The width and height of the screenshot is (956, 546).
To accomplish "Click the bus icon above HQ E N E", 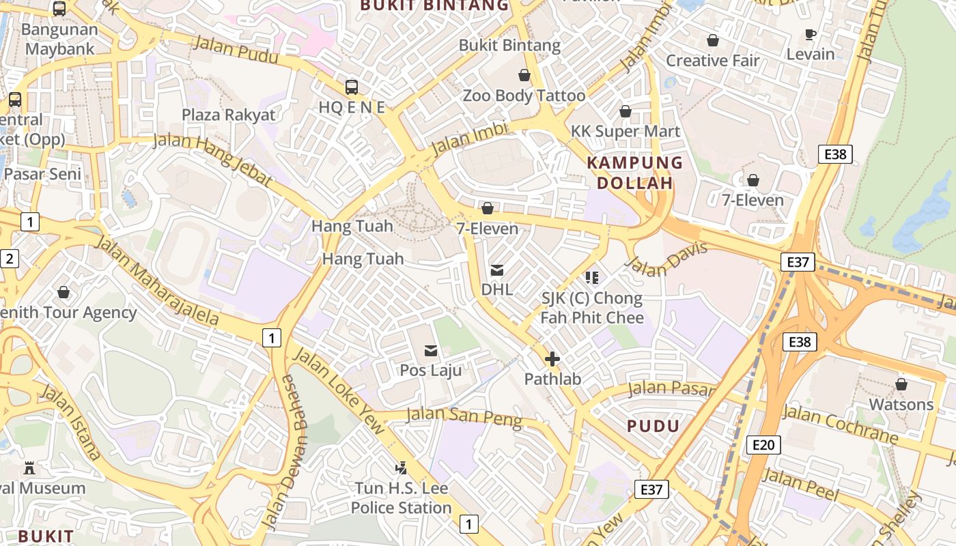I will [x=352, y=87].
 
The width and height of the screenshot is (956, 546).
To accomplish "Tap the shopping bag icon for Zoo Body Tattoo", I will [x=524, y=75].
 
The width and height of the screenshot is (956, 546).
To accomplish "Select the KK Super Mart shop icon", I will [x=625, y=111].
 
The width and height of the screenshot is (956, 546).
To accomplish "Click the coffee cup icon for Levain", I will [x=811, y=34].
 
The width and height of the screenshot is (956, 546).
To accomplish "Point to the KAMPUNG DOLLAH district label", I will [x=635, y=173].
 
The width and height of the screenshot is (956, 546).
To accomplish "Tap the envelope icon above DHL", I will [x=497, y=270].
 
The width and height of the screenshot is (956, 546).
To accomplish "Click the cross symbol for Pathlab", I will [x=552, y=359].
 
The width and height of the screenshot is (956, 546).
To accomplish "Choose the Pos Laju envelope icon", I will [x=431, y=351].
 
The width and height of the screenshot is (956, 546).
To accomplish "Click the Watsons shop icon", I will [x=901, y=384].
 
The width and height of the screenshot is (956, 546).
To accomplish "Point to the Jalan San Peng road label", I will [x=464, y=418].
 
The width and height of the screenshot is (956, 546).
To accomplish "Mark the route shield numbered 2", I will [x=10, y=259].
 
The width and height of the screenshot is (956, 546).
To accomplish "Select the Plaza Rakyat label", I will [x=229, y=114].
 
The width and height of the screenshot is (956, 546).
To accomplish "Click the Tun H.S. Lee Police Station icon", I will [x=402, y=468].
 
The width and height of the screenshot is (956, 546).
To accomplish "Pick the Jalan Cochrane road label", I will [x=840, y=424].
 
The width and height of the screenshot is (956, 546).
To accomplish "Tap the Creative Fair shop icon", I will [x=713, y=41].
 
